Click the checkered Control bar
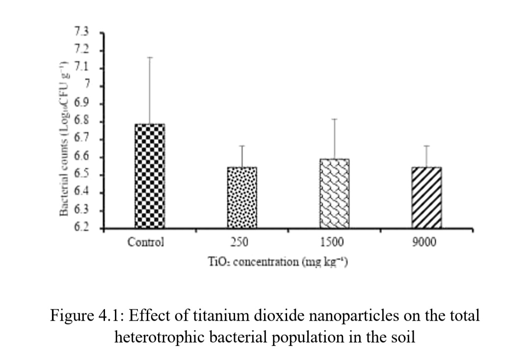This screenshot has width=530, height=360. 150,176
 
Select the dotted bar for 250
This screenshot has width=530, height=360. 242,198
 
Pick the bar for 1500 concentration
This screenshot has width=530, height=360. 335,194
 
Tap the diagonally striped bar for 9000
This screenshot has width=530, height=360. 426,198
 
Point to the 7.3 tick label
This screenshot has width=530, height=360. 81,33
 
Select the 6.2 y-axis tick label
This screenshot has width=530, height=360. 81,229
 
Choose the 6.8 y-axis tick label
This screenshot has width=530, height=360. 81,122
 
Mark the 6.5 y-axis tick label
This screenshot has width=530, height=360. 81,175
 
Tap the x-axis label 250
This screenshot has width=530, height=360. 241,242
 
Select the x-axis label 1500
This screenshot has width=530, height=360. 332,242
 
